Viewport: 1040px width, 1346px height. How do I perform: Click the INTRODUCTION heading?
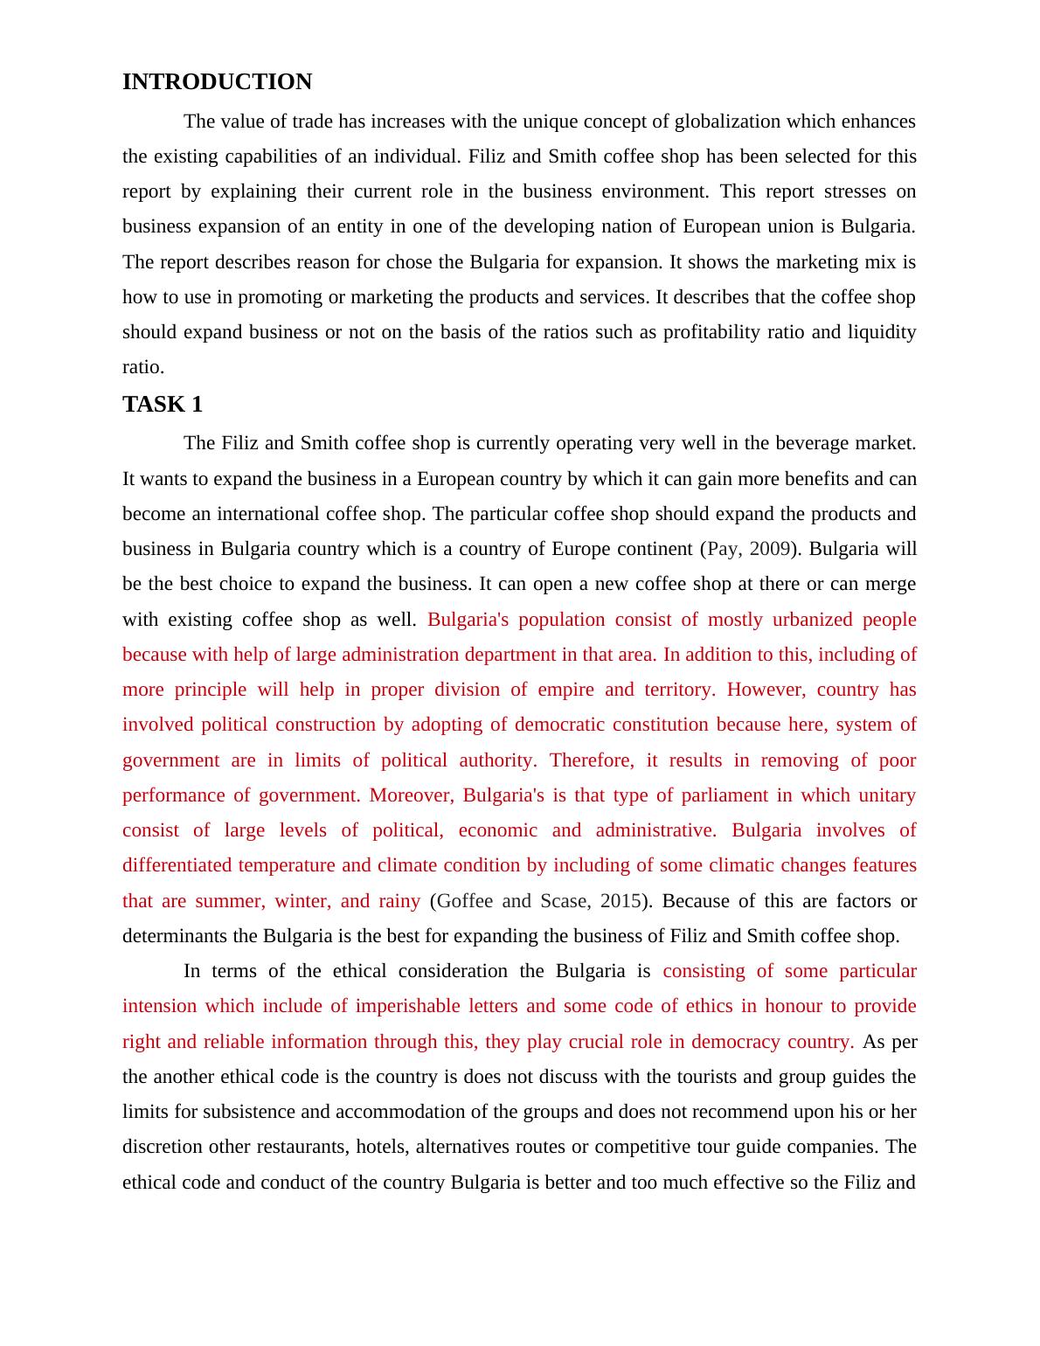pos(217,82)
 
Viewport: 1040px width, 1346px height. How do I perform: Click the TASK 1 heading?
pos(163,405)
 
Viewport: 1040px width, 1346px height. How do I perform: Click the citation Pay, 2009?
pos(749,549)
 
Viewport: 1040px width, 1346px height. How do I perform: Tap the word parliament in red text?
pos(717,795)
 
